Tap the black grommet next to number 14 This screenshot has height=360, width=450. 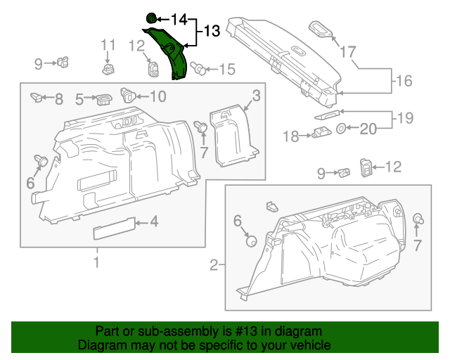[151, 18]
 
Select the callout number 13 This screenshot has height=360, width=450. [212, 31]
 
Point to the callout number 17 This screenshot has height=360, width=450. [348, 51]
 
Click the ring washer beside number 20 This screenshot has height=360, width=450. [341, 128]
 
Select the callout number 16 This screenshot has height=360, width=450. [403, 81]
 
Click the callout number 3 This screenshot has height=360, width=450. [257, 96]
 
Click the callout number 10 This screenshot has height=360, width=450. [157, 96]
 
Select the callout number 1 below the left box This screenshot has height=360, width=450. [96, 263]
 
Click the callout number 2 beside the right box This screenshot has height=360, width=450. [213, 265]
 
